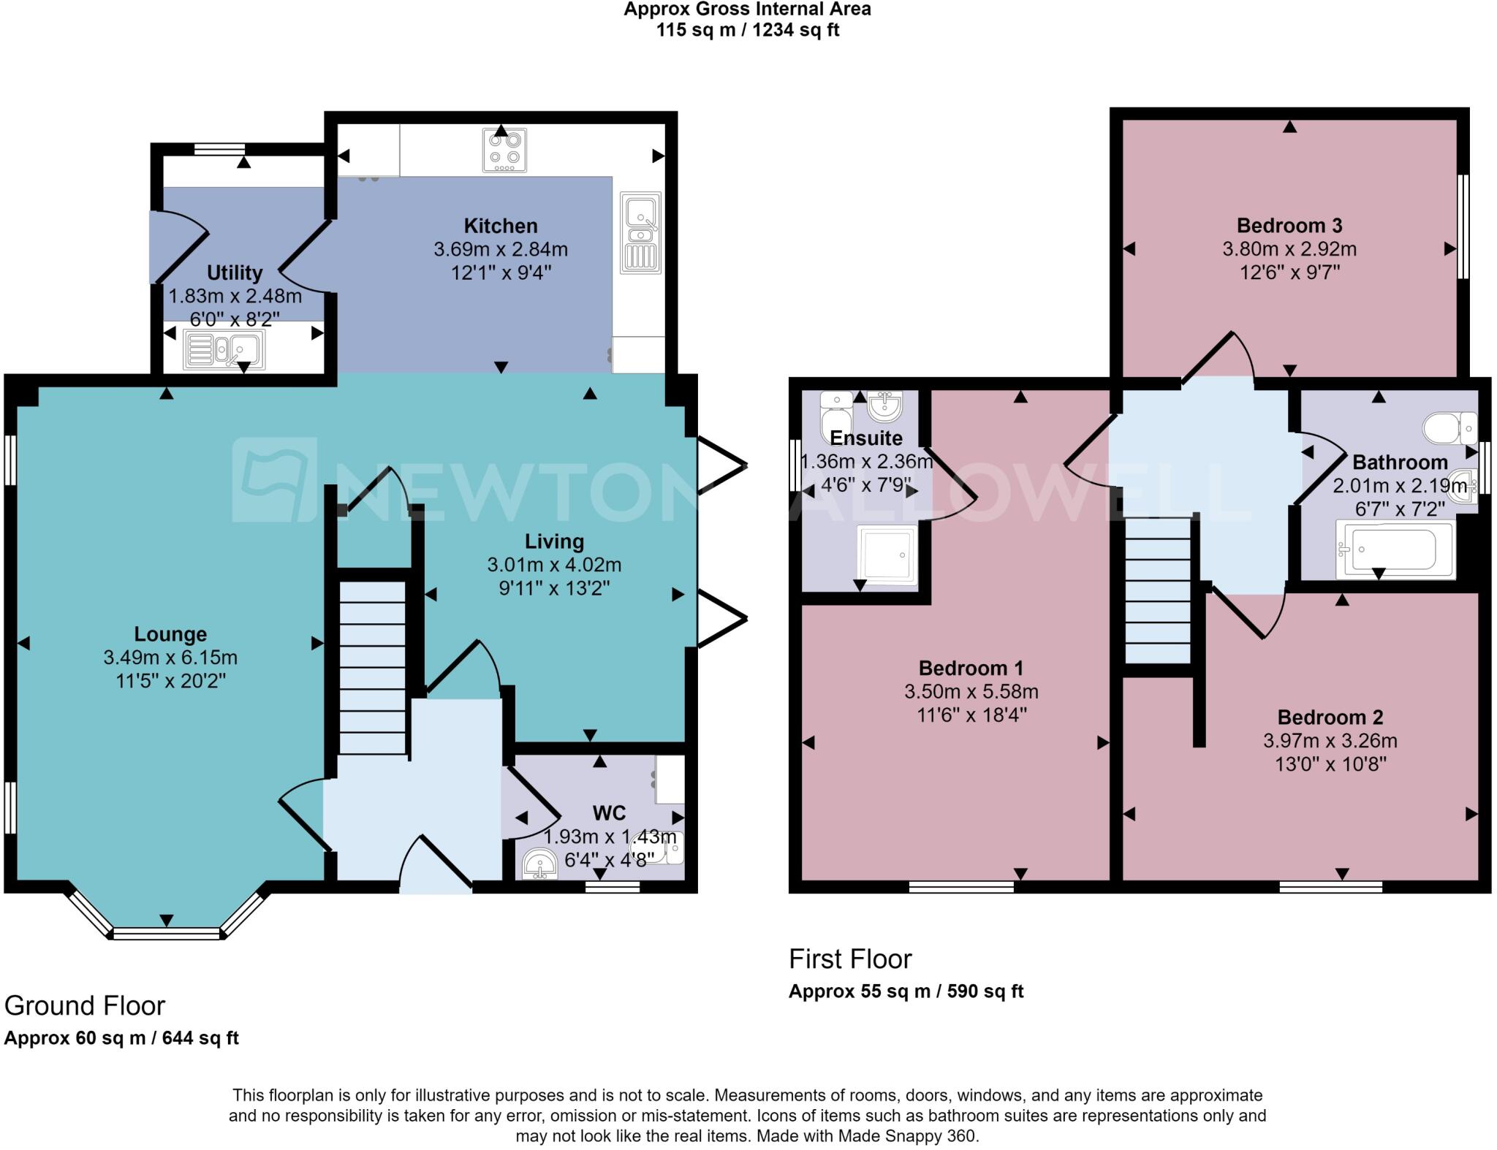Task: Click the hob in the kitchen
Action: click(504, 151)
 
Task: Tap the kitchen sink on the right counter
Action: click(641, 233)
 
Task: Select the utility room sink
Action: click(224, 350)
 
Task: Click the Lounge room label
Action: click(170, 634)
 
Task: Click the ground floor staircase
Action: click(373, 667)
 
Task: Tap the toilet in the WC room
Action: click(666, 848)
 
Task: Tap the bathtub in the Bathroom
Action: click(1393, 549)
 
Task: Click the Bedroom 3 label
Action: click(1289, 226)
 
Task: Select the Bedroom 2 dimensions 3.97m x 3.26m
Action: click(1330, 741)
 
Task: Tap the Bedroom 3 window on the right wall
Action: click(1463, 226)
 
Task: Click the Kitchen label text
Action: click(501, 226)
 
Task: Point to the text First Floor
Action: click(850, 959)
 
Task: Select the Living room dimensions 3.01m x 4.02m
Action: click(554, 565)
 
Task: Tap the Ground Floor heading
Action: click(85, 1006)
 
